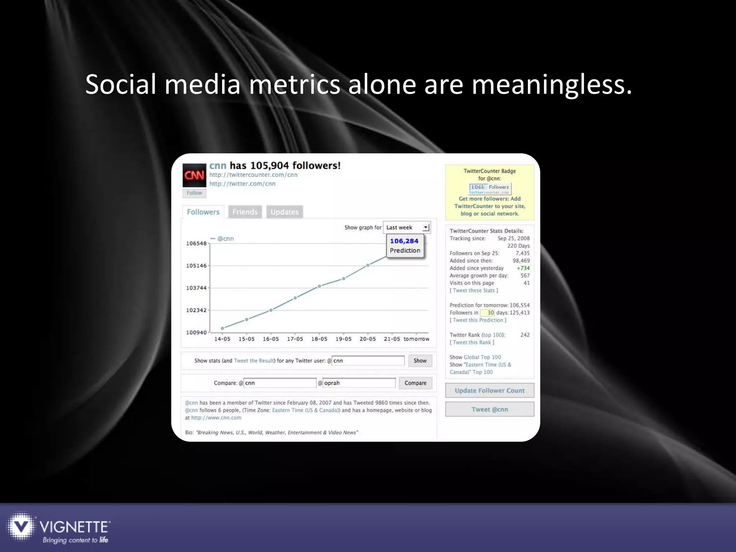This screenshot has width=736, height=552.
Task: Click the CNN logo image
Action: pyautogui.click(x=194, y=175)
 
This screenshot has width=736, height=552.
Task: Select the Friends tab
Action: pyautogui.click(x=245, y=212)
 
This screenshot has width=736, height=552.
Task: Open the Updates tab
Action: pyautogui.click(x=285, y=212)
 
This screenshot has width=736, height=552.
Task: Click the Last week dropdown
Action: pyautogui.click(x=407, y=227)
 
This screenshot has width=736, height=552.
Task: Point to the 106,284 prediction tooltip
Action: pyautogui.click(x=405, y=246)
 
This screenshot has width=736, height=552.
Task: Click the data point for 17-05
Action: pyautogui.click(x=295, y=298)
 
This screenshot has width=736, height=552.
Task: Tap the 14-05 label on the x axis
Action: pyautogui.click(x=222, y=339)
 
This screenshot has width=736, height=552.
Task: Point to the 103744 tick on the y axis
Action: pyautogui.click(x=196, y=288)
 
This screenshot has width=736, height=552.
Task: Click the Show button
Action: pyautogui.click(x=420, y=361)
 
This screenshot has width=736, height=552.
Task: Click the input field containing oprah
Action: pyautogui.click(x=359, y=383)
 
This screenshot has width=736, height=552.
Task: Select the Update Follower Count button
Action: pyautogui.click(x=489, y=391)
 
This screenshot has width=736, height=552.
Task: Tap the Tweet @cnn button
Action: pyautogui.click(x=489, y=409)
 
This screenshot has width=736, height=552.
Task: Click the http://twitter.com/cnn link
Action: pyautogui.click(x=242, y=184)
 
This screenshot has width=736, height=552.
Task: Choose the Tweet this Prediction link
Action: pyautogui.click(x=478, y=320)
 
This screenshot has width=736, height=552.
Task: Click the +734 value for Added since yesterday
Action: pyautogui.click(x=523, y=268)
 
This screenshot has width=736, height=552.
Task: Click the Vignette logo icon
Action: pyautogui.click(x=21, y=526)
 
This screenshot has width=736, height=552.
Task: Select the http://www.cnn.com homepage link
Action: pyautogui.click(x=216, y=418)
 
